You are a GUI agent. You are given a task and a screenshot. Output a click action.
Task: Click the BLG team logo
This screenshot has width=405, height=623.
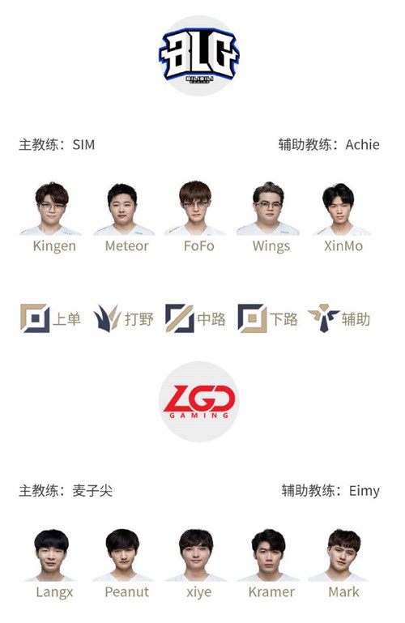198,56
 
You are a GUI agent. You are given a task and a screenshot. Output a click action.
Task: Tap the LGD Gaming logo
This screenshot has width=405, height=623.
198,401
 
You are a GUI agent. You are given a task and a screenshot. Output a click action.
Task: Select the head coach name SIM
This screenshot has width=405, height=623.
83,145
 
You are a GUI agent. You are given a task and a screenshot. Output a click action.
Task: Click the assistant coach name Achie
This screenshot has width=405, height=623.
362,145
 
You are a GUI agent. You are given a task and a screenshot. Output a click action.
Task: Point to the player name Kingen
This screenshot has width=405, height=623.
54,246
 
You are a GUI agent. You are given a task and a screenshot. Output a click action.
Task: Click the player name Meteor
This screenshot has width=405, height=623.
126,246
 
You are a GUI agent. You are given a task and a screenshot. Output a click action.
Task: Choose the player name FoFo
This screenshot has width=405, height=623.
199,246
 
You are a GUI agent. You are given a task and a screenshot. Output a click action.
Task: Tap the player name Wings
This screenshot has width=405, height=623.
271,247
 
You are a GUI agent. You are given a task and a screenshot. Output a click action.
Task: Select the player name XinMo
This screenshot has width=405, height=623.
343,246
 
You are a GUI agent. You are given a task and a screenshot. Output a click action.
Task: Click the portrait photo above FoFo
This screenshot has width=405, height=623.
195,208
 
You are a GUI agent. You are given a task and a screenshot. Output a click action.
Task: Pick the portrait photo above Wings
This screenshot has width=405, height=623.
268,208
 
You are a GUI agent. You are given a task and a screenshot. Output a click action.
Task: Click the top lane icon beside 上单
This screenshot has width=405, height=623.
35,318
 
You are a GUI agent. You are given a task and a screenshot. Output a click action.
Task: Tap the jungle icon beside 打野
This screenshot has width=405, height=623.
107,318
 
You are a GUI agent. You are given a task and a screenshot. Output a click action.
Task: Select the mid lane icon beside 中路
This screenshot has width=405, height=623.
180,318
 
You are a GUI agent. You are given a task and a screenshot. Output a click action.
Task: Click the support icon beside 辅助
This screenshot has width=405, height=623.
324,318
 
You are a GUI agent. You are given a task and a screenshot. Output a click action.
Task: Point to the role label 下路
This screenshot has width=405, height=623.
283,319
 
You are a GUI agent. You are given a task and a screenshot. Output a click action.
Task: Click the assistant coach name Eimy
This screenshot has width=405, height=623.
364,491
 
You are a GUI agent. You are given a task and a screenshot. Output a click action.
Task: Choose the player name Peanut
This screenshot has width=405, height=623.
126,592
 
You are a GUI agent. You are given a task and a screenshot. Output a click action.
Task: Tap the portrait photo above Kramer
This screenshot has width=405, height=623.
268,555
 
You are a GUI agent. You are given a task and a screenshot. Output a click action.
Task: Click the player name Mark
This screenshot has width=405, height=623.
343,592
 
